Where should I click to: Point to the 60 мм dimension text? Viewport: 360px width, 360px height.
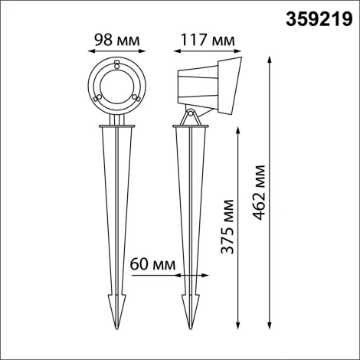point(151,263)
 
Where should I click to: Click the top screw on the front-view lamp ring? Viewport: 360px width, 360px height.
point(116,65)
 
